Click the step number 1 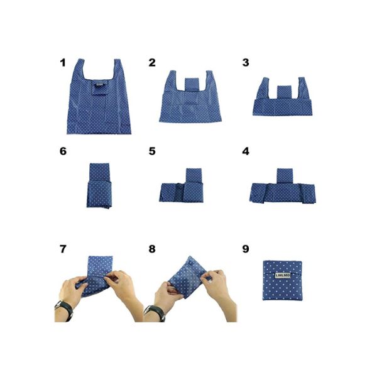tap(62, 63)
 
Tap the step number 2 tap(152, 63)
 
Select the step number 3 tap(245, 63)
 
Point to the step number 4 tap(246, 151)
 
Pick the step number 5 tap(152, 151)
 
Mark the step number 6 tap(62, 151)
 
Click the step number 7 tap(62, 249)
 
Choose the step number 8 tap(152, 249)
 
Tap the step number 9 tap(245, 249)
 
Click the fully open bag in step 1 tap(99, 101)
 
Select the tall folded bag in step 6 tap(99, 185)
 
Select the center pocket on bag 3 tap(284, 92)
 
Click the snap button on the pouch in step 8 tap(189, 261)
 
